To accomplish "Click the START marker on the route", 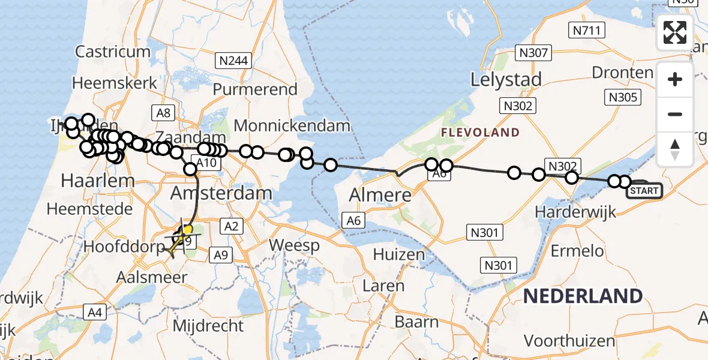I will [x=644, y=191].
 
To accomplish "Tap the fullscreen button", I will [x=675, y=32].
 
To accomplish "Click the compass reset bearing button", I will [x=675, y=149].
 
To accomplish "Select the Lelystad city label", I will [x=506, y=79].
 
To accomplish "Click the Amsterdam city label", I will [x=221, y=193].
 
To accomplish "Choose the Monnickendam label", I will [x=292, y=126].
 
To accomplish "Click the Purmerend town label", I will [x=256, y=90].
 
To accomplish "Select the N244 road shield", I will [x=233, y=60].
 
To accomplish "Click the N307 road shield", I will [x=533, y=53].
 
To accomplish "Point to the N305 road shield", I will [x=624, y=97].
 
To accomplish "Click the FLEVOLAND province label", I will [x=480, y=133].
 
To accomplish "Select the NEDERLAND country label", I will [x=583, y=296].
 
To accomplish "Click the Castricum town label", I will [x=113, y=52].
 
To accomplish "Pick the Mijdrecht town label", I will [x=208, y=326].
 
